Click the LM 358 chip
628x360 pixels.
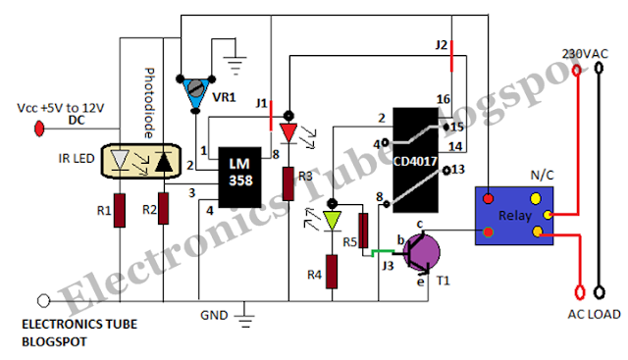(x=239, y=177)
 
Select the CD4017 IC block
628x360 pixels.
(x=415, y=160)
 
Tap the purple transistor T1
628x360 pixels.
(x=422, y=252)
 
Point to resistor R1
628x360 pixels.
(x=120, y=210)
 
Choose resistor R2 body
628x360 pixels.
(x=164, y=208)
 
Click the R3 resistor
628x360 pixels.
(x=288, y=183)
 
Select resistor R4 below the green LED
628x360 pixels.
(x=332, y=272)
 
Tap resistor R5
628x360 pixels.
(x=363, y=231)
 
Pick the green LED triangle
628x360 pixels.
(x=332, y=221)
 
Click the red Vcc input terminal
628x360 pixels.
(x=39, y=129)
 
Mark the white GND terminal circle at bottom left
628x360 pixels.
(x=43, y=300)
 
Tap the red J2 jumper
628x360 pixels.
(x=451, y=56)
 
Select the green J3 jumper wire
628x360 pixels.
(x=383, y=252)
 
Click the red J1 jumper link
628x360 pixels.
(x=271, y=116)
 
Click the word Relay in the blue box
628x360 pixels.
(x=514, y=216)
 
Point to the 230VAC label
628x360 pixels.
(x=585, y=54)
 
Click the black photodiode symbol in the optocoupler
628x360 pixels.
(x=164, y=162)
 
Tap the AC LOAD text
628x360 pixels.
(x=594, y=314)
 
